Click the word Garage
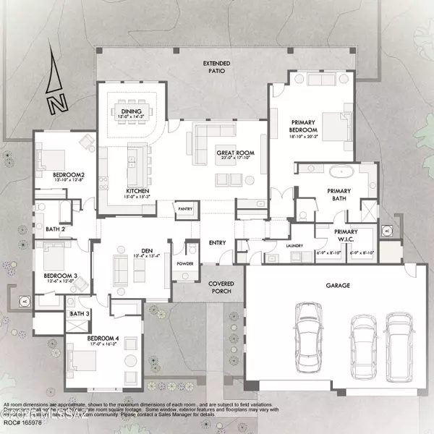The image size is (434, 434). coord(337,286)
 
